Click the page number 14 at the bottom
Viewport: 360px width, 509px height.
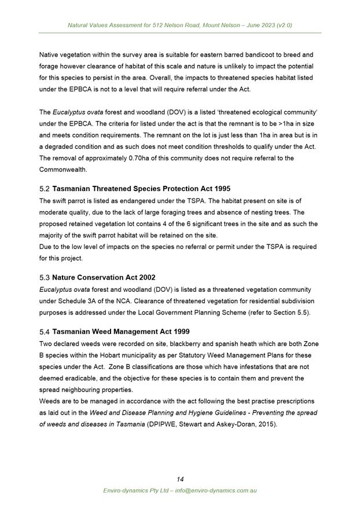[180, 479]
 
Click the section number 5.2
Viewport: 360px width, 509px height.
[45, 189]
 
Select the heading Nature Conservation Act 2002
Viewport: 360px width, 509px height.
[104, 277]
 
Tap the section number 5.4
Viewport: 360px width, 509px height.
[45, 332]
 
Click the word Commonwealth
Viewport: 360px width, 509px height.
[64, 170]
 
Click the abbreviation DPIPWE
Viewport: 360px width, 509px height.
[164, 424]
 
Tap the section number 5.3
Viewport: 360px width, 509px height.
[45, 277]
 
